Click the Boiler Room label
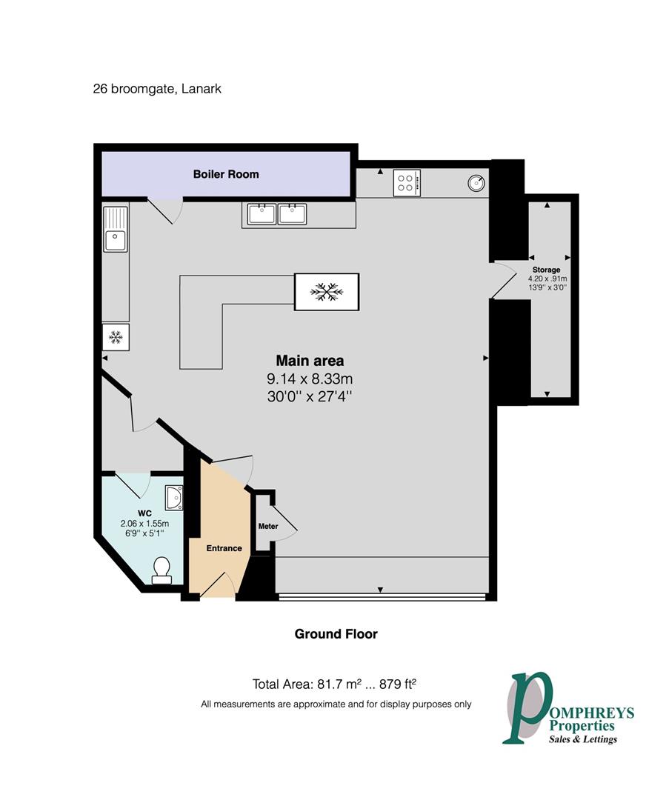pyautogui.click(x=226, y=174)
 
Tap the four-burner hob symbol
pyautogui.click(x=407, y=183)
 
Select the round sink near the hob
pyautogui.click(x=476, y=182)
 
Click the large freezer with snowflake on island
pyautogui.click(x=327, y=291)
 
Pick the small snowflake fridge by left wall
pyautogui.click(x=116, y=337)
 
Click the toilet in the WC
pyautogui.click(x=161, y=569)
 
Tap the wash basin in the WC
pyautogui.click(x=173, y=498)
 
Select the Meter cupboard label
pyautogui.click(x=267, y=527)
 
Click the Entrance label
pyautogui.click(x=224, y=548)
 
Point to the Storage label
pyautogui.click(x=546, y=270)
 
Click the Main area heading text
pyautogui.click(x=310, y=361)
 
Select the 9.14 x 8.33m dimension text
pyautogui.click(x=310, y=379)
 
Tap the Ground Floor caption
pyautogui.click(x=336, y=633)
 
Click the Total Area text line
pyautogui.click(x=339, y=684)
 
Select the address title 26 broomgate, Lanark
pyautogui.click(x=157, y=89)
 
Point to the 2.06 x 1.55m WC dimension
pyautogui.click(x=144, y=523)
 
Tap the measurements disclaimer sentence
pyautogui.click(x=336, y=704)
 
